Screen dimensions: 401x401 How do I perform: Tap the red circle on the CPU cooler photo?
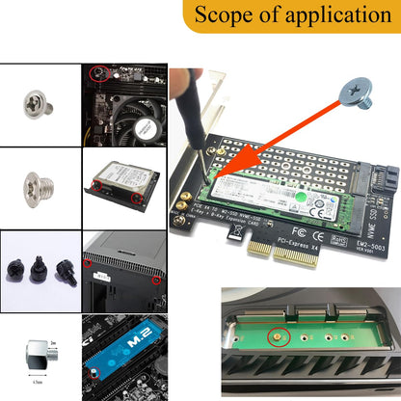pos(97,72)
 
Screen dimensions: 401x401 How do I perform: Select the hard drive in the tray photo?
pos(120,177)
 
